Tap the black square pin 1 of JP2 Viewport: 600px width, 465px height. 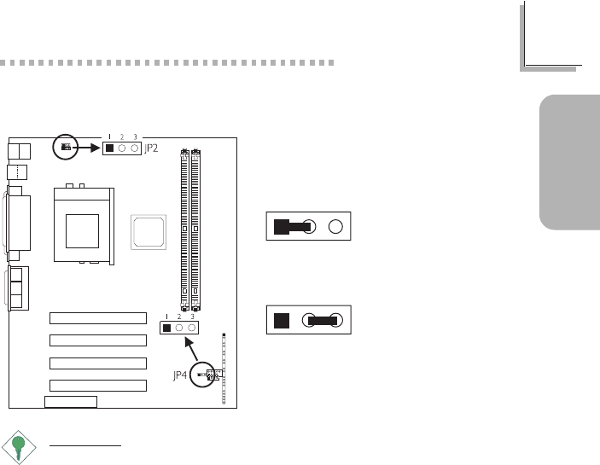click(109, 148)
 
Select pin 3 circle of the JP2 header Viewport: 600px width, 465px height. click(135, 148)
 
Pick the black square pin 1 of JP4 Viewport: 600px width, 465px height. click(166, 328)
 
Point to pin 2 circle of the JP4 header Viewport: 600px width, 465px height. click(179, 328)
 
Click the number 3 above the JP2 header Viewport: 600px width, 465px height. click(135, 137)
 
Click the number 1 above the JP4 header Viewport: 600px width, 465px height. click(166, 317)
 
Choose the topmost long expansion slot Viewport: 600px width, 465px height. click(98, 319)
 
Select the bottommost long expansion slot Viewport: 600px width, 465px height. click(98, 386)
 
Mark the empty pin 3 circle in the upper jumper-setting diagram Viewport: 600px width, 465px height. click(335, 227)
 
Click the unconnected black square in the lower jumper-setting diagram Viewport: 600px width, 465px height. click(281, 321)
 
